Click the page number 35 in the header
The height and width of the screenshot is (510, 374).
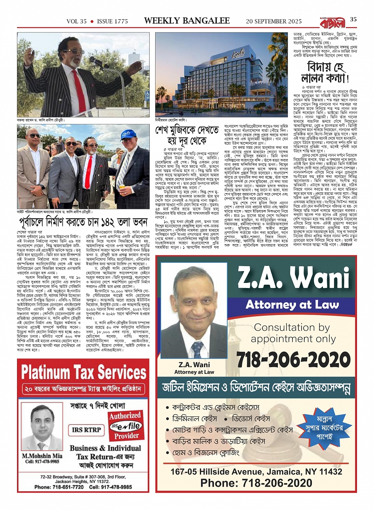click(x=353, y=20)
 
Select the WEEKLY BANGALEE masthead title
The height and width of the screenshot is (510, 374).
click(x=187, y=21)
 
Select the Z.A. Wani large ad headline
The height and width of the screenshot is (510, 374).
click(x=296, y=279)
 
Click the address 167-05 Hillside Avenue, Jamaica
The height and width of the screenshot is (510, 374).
click(x=256, y=472)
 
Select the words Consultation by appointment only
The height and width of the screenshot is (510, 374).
click(x=293, y=333)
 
